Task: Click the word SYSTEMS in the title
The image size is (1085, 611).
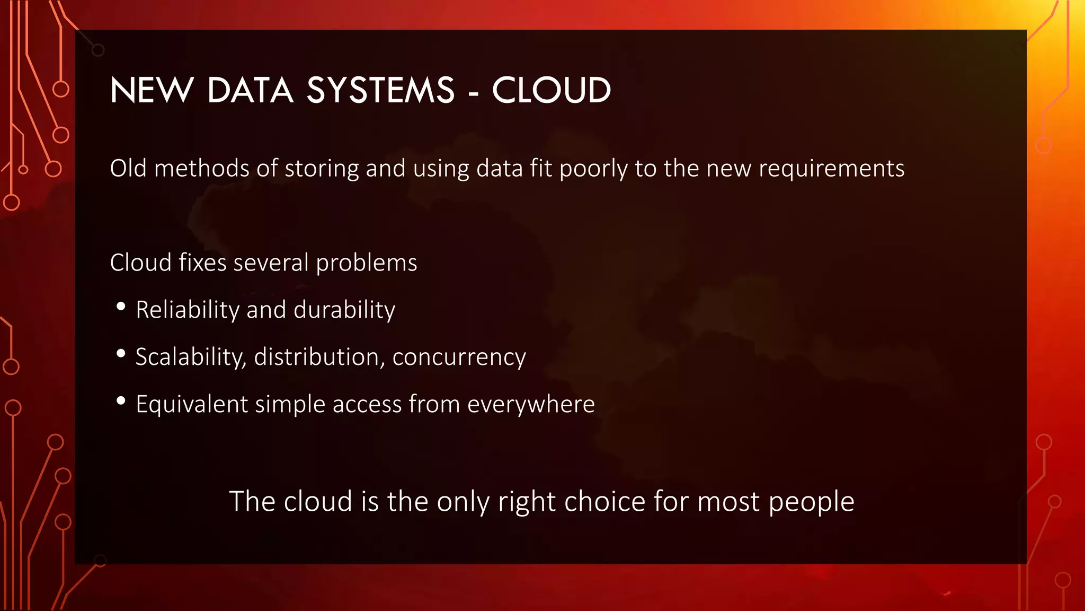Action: pos(380,90)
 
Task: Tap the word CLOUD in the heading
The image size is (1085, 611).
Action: pos(552,90)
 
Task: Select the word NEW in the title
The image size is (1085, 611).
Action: pos(152,90)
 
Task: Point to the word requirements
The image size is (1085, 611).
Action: pos(831,169)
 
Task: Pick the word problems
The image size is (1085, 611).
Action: pos(367,263)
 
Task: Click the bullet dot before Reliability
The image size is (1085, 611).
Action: pos(121,307)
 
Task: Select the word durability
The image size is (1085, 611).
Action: pos(344,310)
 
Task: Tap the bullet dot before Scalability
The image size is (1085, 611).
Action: pos(121,354)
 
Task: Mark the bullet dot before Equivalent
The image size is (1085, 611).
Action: pos(121,401)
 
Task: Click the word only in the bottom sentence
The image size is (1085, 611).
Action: pos(463,502)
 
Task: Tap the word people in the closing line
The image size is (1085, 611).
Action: pos(811,502)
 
